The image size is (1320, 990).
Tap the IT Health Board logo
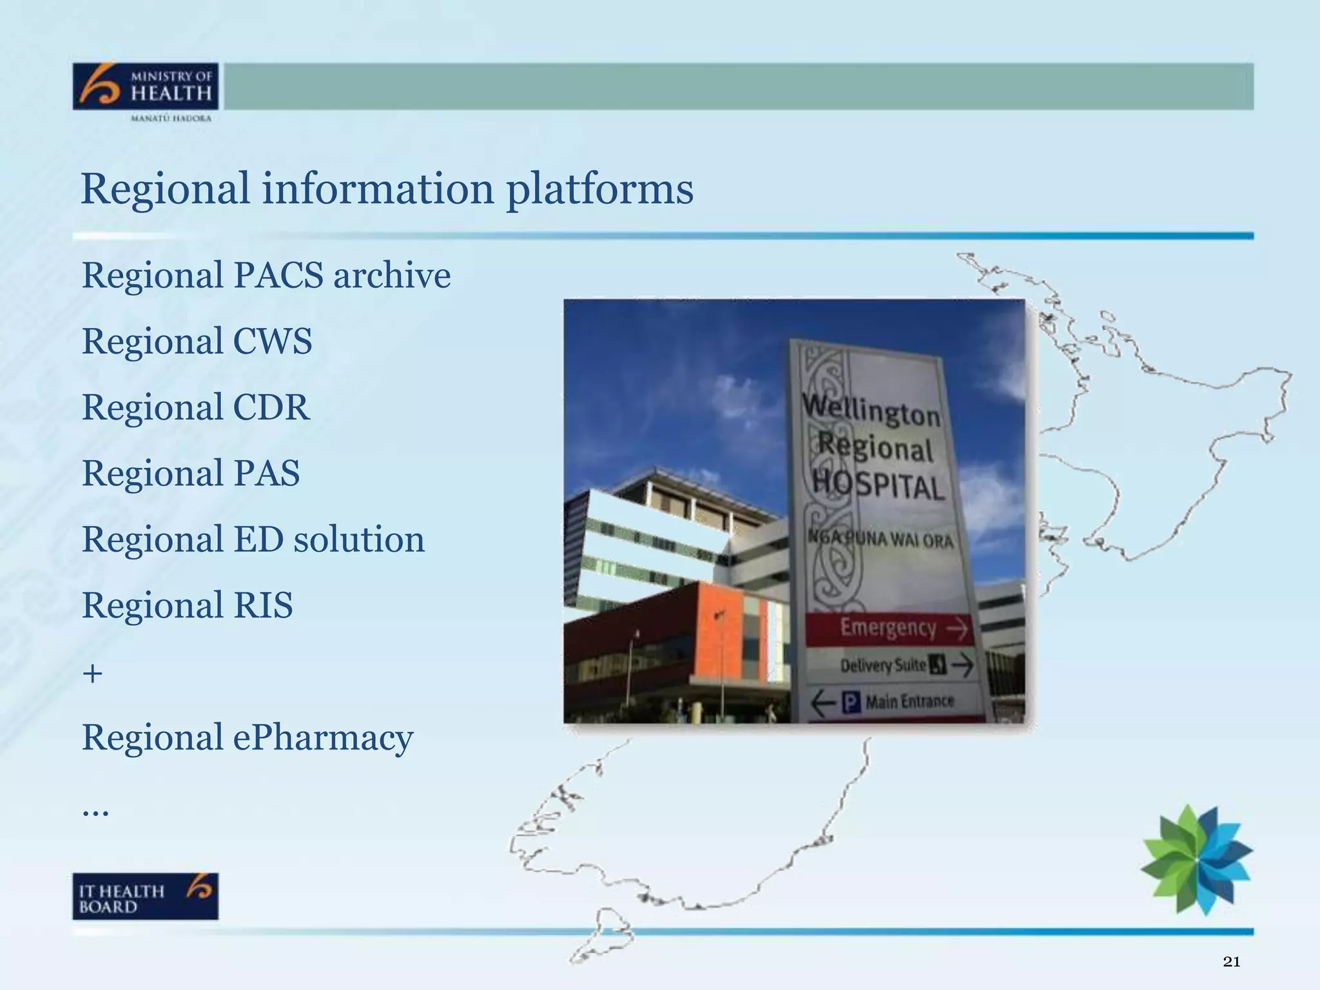[145, 896]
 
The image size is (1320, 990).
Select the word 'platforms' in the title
[599, 190]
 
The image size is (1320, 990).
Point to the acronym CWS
[272, 342]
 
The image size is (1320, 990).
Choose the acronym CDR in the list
[271, 408]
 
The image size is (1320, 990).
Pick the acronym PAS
[266, 474]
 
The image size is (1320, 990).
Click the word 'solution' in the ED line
[359, 539]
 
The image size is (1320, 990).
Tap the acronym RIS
[262, 606]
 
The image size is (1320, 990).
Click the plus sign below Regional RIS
[93, 674]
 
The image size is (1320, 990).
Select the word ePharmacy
[322, 738]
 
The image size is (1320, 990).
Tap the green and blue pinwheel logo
[1196, 859]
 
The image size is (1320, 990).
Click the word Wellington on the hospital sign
[871, 410]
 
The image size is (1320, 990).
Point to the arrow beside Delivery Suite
[962, 665]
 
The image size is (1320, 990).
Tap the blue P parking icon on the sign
[851, 702]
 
